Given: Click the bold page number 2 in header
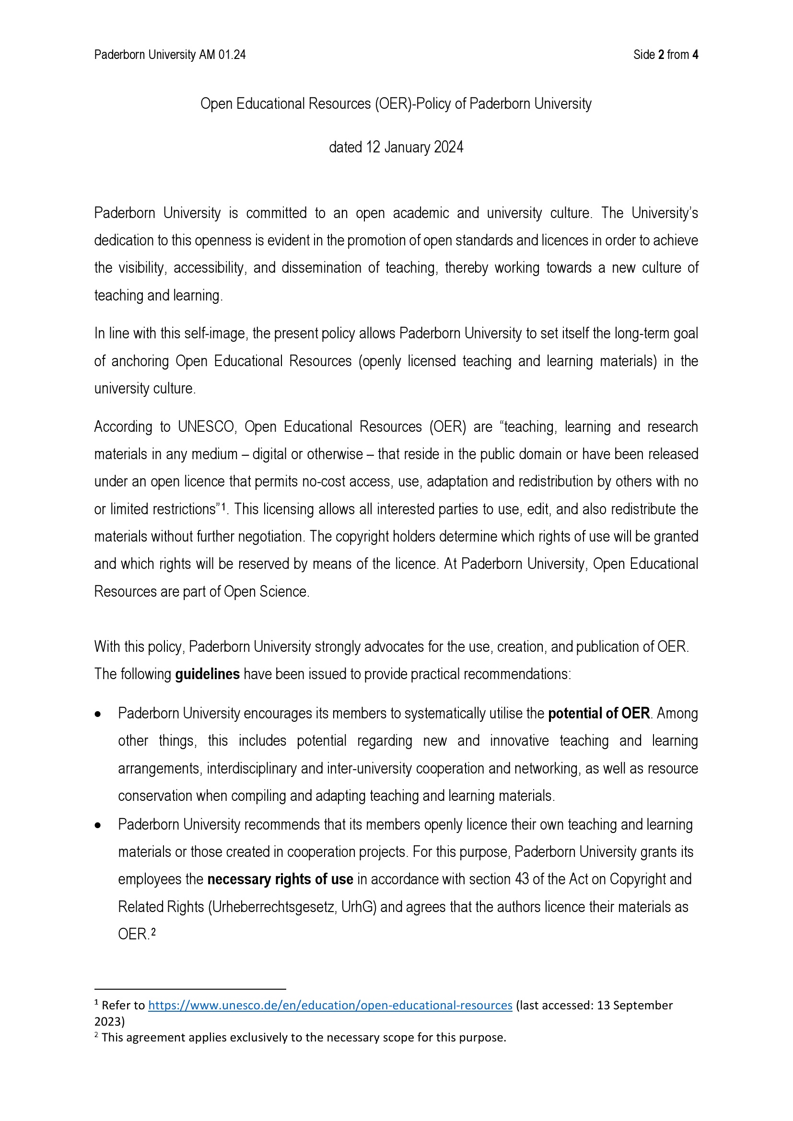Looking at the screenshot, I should [x=661, y=55].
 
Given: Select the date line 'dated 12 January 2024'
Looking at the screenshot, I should [x=396, y=148].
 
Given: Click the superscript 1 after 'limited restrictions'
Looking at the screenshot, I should [x=223, y=508].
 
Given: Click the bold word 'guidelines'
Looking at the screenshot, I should [x=207, y=674].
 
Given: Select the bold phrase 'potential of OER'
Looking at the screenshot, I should [x=599, y=713].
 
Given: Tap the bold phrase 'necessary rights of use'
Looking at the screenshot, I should [x=280, y=879].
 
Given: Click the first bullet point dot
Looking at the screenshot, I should [x=98, y=714].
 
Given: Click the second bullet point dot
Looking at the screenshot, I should [x=98, y=825].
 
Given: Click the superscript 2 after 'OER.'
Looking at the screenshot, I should [x=153, y=933].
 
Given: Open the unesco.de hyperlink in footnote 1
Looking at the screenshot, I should [x=330, y=1005].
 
